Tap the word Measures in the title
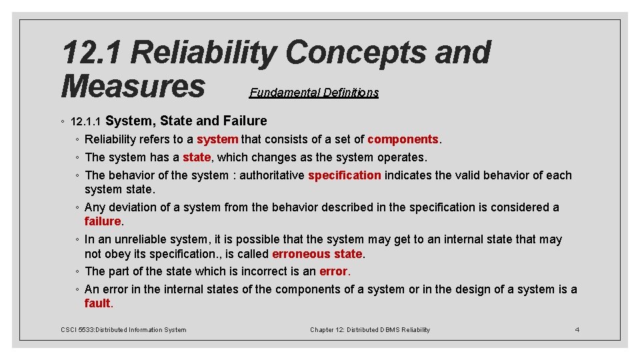tap(133, 86)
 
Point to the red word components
tap(403, 139)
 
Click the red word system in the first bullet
tap(217, 139)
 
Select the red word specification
tap(345, 175)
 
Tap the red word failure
tap(102, 221)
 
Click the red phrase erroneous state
tap(317, 254)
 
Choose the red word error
tap(333, 271)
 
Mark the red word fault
tap(97, 303)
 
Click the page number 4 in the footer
tap(577, 329)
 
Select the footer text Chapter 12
tap(327, 329)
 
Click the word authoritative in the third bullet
tap(272, 175)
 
